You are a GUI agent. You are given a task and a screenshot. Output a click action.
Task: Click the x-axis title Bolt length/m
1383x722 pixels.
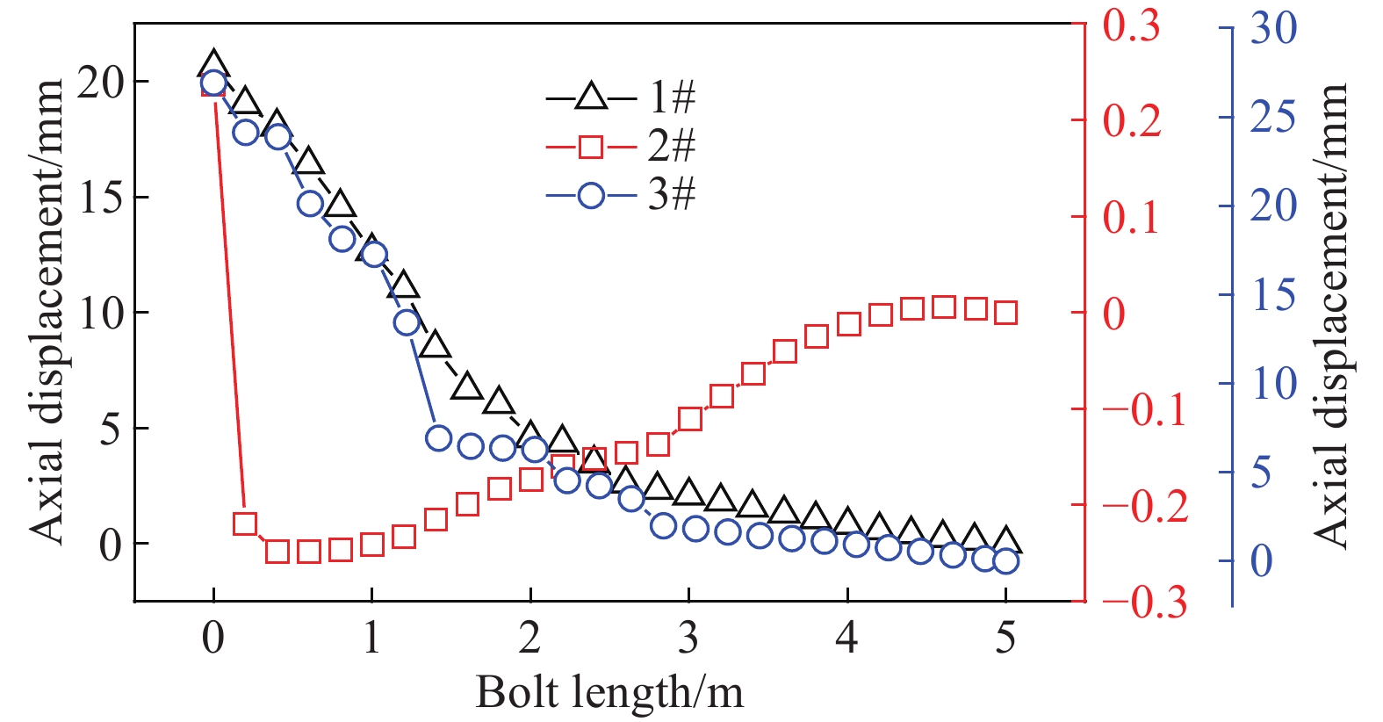point(609,692)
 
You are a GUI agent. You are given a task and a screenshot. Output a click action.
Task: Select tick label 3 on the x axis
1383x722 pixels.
point(688,637)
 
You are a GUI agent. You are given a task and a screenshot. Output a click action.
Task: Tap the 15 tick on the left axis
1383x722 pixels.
point(100,198)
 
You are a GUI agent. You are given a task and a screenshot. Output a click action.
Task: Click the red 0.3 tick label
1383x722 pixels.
point(1131,26)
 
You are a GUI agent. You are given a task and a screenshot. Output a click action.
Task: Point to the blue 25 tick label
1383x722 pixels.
point(1272,117)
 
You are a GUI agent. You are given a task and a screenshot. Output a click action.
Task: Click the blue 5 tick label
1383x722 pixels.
point(1261,473)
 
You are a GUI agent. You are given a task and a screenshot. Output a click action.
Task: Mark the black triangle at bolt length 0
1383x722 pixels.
point(213,64)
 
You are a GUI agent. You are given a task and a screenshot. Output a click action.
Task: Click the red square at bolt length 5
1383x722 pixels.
point(1006,313)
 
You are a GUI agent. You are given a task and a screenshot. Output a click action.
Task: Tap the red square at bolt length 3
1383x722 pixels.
point(690,418)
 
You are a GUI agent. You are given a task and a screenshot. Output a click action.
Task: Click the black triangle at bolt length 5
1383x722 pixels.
point(1006,541)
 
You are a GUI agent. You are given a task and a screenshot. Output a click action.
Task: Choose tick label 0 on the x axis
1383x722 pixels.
point(213,637)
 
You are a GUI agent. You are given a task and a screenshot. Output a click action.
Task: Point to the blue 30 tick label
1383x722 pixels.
point(1273,28)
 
